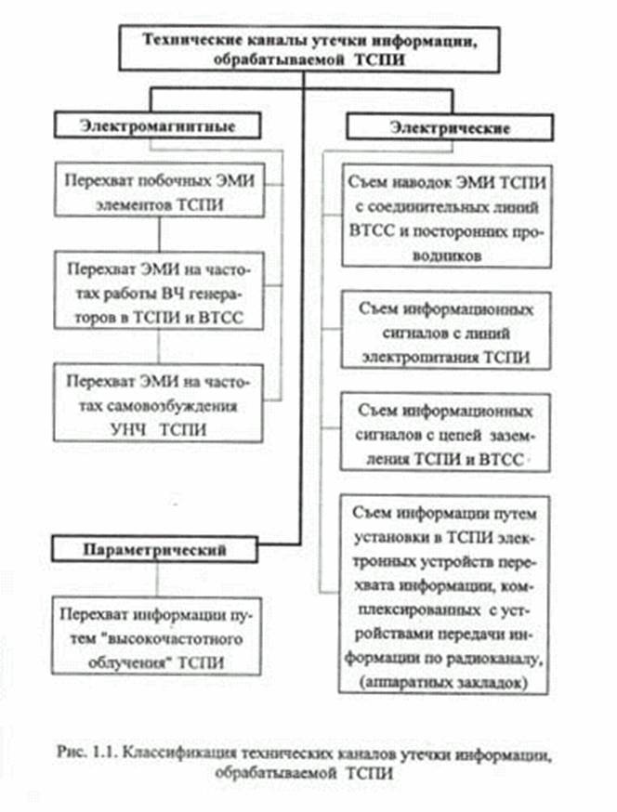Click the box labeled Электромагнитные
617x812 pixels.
pos(157,125)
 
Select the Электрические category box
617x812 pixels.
pos(450,127)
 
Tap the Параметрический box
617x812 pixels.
pos(154,549)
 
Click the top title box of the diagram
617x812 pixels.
pos(309,49)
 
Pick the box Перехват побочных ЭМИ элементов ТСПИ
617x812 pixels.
pos(160,190)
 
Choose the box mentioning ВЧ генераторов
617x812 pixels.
pos(159,291)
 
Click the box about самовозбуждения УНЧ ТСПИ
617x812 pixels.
pos(158,403)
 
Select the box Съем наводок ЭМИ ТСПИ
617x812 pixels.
pos(447,216)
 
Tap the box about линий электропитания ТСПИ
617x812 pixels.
pos(445,331)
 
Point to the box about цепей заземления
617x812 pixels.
pos(445,432)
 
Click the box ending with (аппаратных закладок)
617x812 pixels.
pos(443,595)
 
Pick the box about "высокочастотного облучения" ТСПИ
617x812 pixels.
pos(156,636)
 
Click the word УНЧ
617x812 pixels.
pos(127,430)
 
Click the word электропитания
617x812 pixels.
pos(421,358)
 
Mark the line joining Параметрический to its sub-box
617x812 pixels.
pos(156,580)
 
